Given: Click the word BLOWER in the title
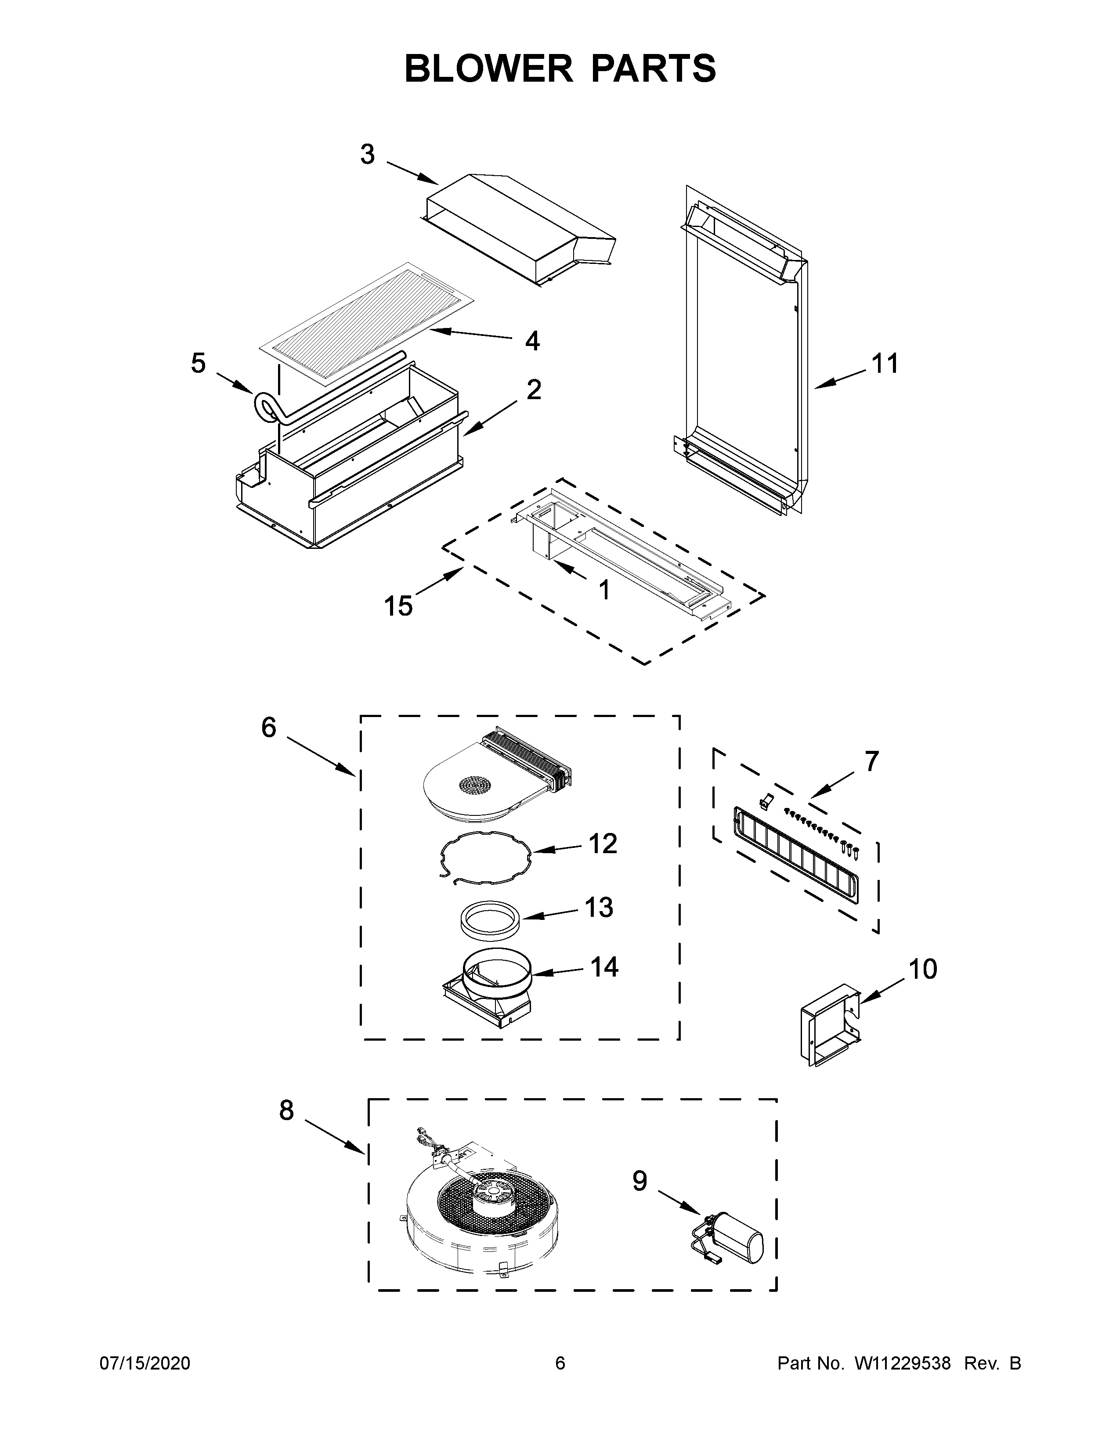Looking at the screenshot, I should tap(489, 69).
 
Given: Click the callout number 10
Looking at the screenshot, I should tap(922, 970).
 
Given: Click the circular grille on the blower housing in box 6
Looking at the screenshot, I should tap(482, 785).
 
